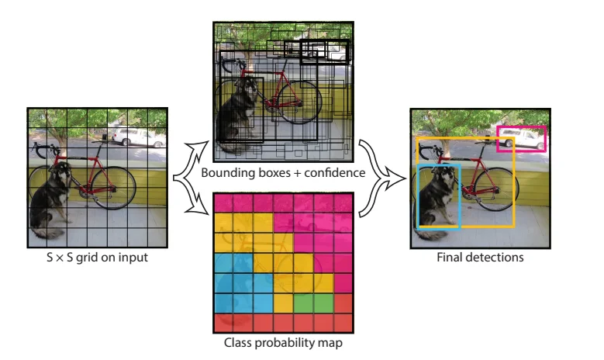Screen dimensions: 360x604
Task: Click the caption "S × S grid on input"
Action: pyautogui.click(x=97, y=258)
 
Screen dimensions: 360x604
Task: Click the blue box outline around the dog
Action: pyautogui.click(x=419, y=194)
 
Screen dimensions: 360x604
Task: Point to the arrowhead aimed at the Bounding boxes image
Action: pyautogui.click(x=204, y=144)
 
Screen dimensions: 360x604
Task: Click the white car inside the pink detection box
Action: pyautogui.click(x=522, y=139)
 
